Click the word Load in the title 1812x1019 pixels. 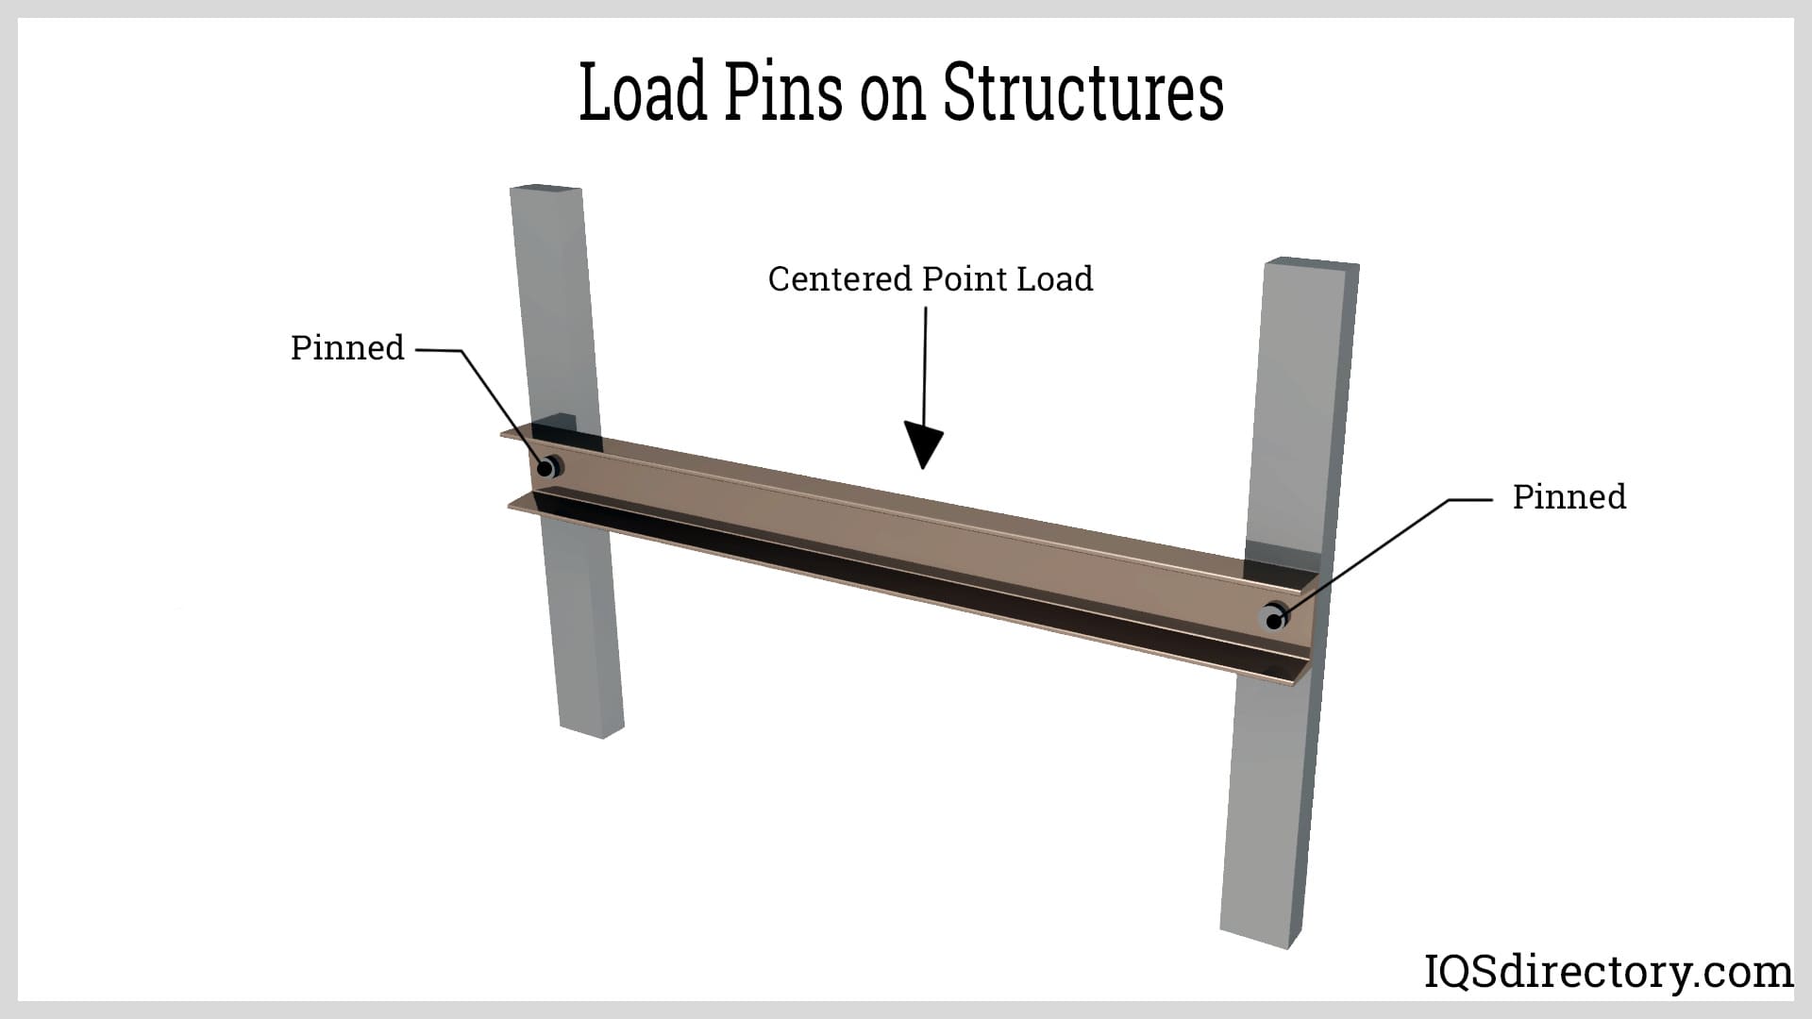[x=642, y=92]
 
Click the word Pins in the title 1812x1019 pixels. [x=783, y=92]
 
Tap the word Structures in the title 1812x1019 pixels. [x=1083, y=92]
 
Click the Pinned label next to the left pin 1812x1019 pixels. [x=347, y=348]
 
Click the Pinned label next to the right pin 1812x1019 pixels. [x=1569, y=497]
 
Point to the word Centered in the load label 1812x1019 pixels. [x=840, y=279]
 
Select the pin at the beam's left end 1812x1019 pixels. [x=547, y=467]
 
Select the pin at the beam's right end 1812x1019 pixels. [x=1275, y=618]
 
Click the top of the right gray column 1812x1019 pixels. [x=1310, y=263]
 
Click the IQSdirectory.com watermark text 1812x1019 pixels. [x=1607, y=972]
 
